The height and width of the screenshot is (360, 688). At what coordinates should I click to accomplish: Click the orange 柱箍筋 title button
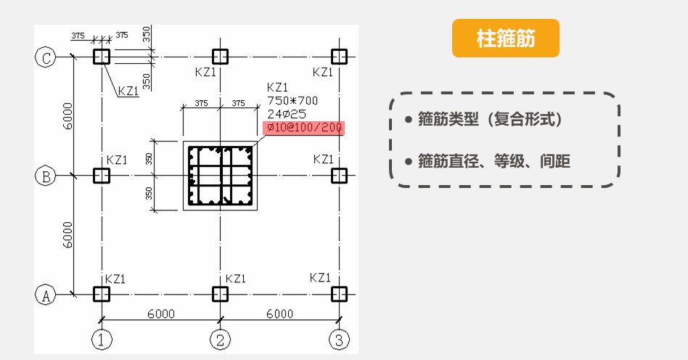tap(506, 38)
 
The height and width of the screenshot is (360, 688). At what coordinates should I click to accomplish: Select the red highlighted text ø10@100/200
tap(303, 128)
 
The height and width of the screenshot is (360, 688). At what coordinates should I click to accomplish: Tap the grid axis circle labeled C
tap(46, 57)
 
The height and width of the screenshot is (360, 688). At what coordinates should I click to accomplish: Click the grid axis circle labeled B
tap(46, 176)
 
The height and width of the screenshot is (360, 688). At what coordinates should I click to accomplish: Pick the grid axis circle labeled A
tap(46, 295)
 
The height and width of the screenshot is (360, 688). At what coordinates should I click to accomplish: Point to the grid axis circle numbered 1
tap(101, 338)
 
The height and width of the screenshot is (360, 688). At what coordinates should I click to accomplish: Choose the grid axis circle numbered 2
tap(219, 338)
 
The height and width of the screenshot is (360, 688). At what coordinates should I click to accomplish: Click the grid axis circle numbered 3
tap(338, 338)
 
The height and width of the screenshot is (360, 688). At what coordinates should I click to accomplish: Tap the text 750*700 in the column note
tap(292, 100)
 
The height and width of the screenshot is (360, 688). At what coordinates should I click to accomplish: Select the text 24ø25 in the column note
tap(287, 114)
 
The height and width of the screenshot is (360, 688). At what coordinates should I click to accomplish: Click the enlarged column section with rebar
tap(219, 176)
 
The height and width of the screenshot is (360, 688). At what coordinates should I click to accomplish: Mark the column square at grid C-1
tap(101, 57)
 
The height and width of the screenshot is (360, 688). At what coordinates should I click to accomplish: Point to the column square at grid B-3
tap(338, 176)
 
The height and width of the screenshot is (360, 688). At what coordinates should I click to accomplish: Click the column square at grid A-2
tap(219, 294)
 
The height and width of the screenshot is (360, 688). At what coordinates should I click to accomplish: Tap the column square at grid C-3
tap(338, 57)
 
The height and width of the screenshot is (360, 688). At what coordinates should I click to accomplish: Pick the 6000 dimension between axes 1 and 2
tap(160, 314)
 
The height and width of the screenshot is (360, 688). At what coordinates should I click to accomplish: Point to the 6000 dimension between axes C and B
tap(67, 116)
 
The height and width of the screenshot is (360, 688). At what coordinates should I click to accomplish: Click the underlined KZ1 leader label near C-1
tap(128, 91)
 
